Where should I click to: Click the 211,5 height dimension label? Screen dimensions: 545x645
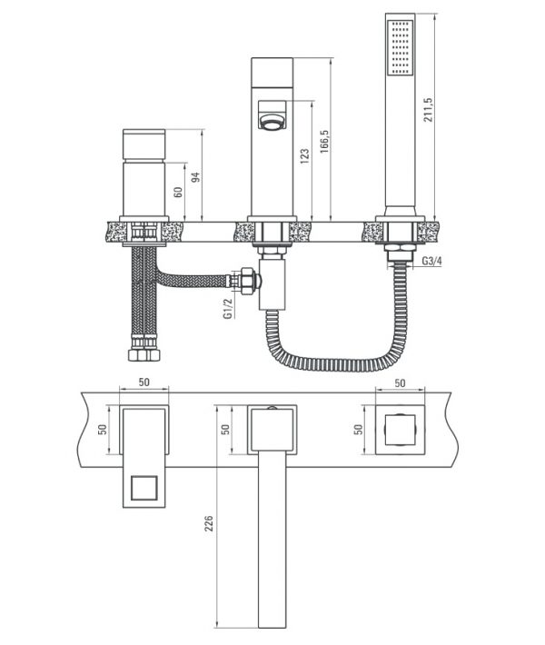pos(429,109)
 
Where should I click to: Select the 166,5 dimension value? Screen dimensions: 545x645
pos(325,142)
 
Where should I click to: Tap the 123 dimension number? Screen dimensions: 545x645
pos(304,157)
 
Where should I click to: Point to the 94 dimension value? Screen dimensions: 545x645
pos(196,177)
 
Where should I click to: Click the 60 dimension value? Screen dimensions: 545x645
pos(178,192)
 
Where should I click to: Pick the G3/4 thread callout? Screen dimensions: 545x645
pos(432,261)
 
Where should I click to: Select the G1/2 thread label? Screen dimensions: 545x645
pos(228,309)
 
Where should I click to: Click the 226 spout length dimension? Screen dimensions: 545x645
pos(209,523)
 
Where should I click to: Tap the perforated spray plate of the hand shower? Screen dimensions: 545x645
pos(401,47)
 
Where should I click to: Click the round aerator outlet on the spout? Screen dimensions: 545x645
pos(270,122)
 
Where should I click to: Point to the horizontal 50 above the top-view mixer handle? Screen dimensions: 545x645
pos(144,382)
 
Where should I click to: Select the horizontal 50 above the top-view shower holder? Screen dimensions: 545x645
pos(400,383)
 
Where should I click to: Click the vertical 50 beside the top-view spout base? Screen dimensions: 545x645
pos(225,430)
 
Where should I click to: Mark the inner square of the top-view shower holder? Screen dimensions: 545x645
pos(400,430)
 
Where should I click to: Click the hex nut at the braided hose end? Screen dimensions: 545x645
pos(249,282)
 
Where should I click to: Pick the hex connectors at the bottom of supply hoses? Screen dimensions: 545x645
pos(144,354)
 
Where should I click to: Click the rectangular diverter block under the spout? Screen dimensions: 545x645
pos(272,283)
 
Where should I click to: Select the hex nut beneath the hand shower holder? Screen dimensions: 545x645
pos(400,248)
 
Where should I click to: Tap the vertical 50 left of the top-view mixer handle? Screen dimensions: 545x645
pos(103,430)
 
